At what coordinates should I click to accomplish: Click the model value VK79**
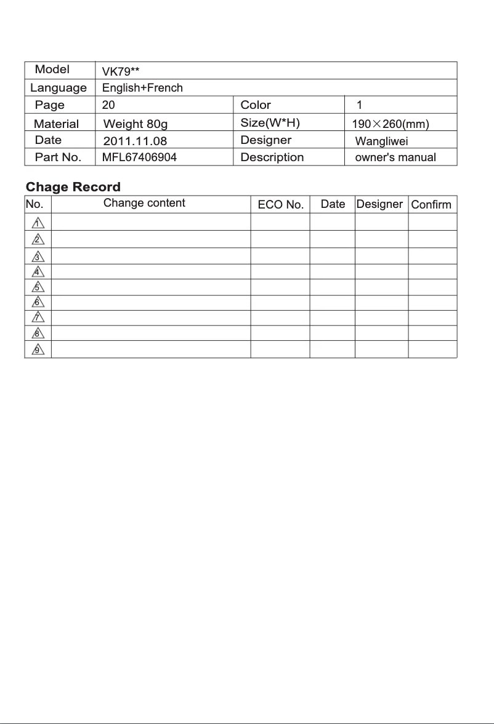click(120, 71)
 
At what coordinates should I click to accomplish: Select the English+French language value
click(142, 88)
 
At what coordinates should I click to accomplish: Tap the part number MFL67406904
click(139, 157)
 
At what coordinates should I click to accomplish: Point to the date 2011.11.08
click(135, 141)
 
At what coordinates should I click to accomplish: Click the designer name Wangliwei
click(382, 141)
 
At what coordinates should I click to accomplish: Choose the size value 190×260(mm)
click(390, 124)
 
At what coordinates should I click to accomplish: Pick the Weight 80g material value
click(136, 124)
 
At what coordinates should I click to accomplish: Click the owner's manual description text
click(395, 157)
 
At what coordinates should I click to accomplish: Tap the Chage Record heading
click(73, 187)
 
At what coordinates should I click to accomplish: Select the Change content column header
click(144, 203)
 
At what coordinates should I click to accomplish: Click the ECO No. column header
click(281, 205)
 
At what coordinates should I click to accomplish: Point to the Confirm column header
click(431, 205)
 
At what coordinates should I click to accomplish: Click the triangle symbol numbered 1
click(38, 222)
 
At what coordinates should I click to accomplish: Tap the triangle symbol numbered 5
click(38, 287)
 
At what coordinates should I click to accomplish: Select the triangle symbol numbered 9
click(38, 349)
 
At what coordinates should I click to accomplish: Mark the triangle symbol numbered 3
click(38, 256)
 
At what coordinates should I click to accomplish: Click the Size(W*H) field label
click(270, 123)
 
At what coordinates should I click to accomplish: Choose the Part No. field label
click(58, 157)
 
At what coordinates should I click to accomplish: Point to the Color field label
click(256, 105)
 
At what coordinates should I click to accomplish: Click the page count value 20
click(108, 105)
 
